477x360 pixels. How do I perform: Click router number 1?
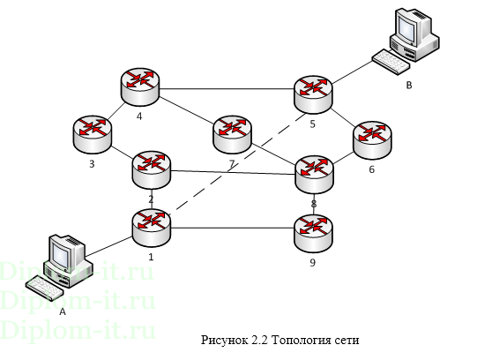[x=152, y=227]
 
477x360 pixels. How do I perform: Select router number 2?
[x=151, y=168]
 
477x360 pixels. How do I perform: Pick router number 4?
[x=140, y=85]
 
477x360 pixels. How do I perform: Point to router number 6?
[x=371, y=139]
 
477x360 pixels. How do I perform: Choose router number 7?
[x=232, y=132]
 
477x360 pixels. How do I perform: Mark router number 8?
[x=315, y=172]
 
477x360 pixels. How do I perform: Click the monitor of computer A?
[x=63, y=253]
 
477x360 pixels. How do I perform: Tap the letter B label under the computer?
[x=408, y=86]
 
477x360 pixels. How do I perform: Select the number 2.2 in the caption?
[x=257, y=338]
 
